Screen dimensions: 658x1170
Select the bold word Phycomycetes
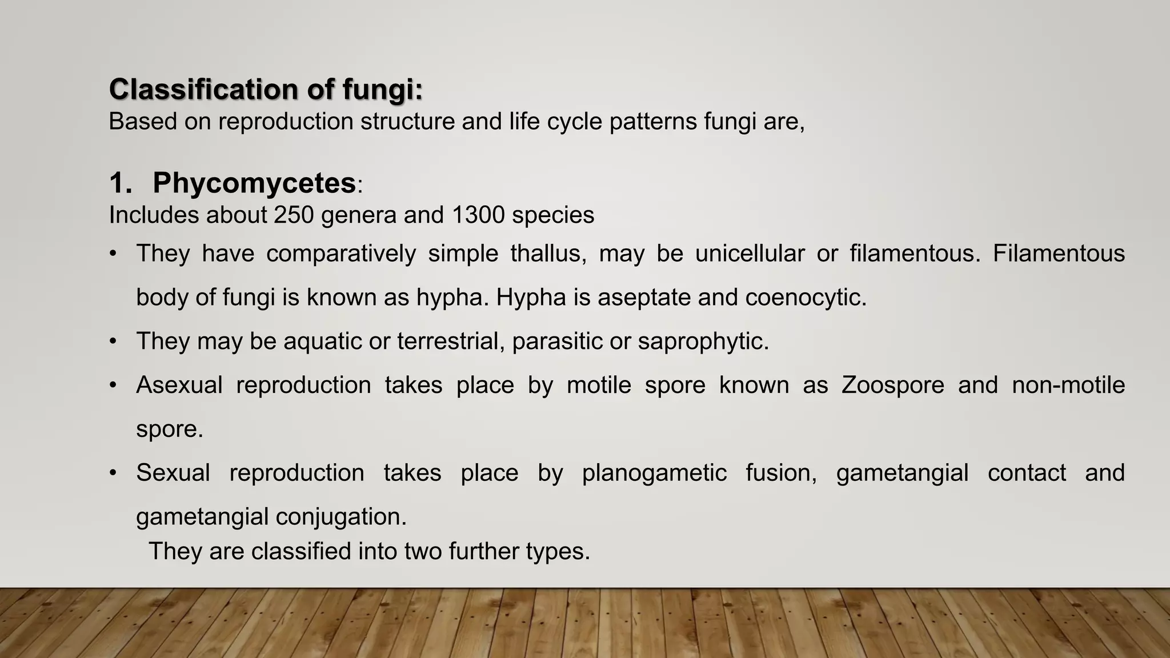pyautogui.click(x=254, y=183)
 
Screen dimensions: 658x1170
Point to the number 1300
pyautogui.click(x=478, y=215)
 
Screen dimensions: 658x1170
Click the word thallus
pyautogui.click(x=548, y=254)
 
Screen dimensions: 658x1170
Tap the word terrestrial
pyautogui.click(x=450, y=342)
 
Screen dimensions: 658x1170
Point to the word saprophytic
pyautogui.click(x=703, y=342)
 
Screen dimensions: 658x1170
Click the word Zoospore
pyautogui.click(x=893, y=386)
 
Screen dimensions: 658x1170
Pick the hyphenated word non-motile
pyautogui.click(x=1068, y=386)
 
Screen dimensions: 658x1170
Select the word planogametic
pyautogui.click(x=654, y=474)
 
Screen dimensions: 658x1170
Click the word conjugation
pyautogui.click(x=341, y=517)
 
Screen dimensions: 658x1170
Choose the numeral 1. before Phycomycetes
pyautogui.click(x=120, y=184)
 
